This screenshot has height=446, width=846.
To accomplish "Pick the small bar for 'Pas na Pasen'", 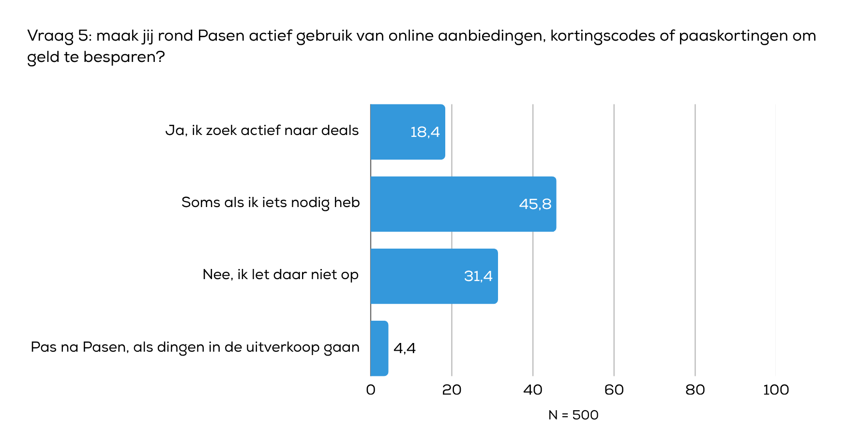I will (379, 348).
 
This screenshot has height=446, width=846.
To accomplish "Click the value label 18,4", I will (425, 132).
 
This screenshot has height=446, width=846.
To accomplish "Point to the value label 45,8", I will (535, 204).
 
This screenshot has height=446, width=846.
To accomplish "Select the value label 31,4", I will (478, 276).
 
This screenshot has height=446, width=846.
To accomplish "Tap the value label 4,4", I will (405, 348).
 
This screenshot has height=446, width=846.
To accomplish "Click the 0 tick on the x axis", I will (371, 390).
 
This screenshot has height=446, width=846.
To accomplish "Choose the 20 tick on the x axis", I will (452, 390).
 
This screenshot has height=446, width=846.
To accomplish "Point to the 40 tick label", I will (533, 390).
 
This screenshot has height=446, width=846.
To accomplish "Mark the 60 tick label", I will (614, 390).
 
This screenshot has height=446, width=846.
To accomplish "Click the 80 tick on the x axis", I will (695, 390).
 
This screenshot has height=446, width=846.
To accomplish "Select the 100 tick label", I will (776, 390).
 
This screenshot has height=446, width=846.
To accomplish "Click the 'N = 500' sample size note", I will (573, 415).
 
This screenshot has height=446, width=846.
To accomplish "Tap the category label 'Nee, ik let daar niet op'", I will (280, 275).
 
